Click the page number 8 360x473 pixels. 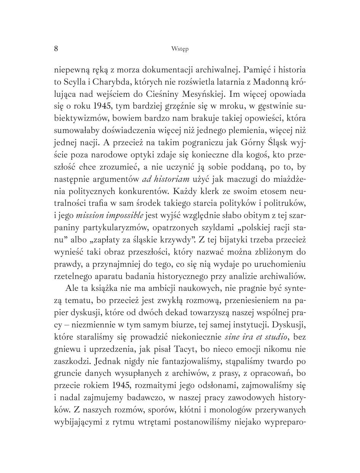point(56,48)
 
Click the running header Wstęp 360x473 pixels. point(180,49)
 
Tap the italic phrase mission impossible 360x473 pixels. point(110,215)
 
